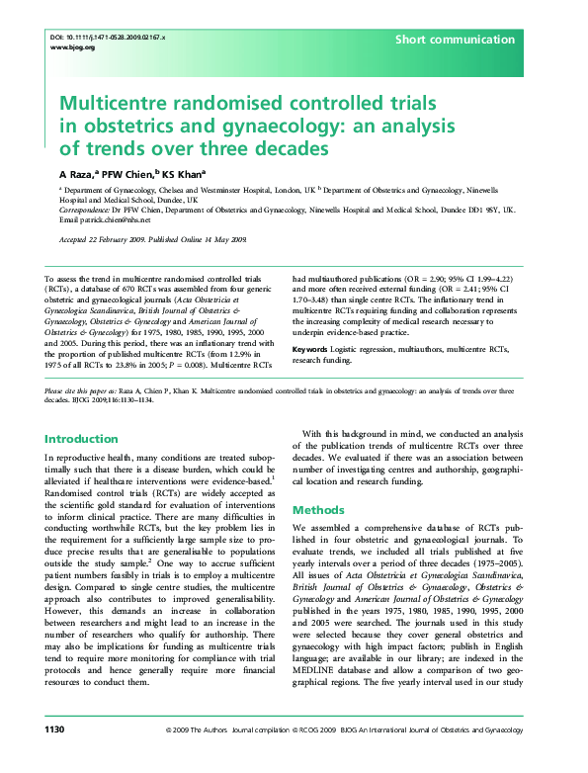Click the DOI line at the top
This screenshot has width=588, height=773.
point(107,37)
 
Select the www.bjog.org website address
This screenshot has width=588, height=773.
point(71,46)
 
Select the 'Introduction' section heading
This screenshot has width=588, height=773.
point(82,439)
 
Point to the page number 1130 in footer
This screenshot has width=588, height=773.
point(54,756)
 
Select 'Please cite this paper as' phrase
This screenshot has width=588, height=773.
point(87,392)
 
